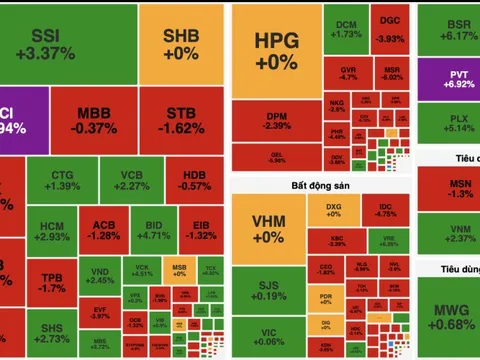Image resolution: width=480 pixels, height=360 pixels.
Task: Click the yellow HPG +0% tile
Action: (x=277, y=50)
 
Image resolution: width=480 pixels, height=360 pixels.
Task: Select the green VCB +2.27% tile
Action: (x=132, y=180)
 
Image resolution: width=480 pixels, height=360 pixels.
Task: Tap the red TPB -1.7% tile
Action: (x=50, y=282)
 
